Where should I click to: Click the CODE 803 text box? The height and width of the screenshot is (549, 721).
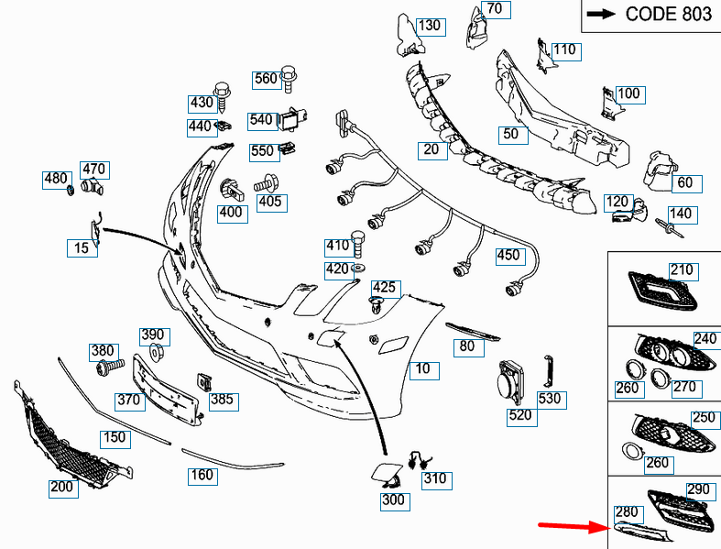coord(651,14)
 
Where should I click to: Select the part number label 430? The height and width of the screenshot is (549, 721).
coord(201,103)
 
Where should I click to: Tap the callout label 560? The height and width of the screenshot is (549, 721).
coord(266,79)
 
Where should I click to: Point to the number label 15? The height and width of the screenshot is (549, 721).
coord(82,247)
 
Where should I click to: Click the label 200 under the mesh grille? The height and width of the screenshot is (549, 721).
coord(61,488)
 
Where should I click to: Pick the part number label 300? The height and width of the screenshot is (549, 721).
coord(393,500)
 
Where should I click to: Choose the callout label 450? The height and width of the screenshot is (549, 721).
coord(508,256)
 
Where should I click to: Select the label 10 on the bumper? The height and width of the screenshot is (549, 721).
coord(421,370)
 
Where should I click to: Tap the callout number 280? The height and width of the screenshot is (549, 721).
coord(627,511)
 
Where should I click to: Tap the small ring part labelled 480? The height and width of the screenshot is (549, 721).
coord(71,190)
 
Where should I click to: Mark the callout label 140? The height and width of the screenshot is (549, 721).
coord(681,214)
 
